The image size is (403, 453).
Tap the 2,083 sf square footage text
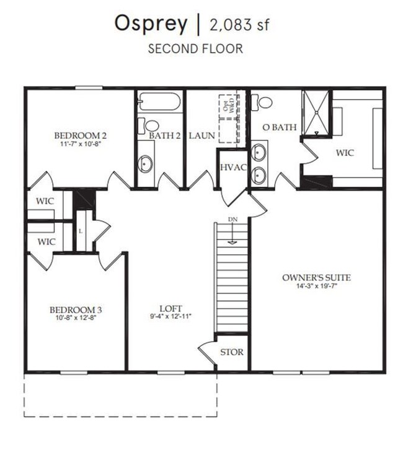(241, 25)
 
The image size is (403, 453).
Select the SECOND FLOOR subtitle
(195, 49)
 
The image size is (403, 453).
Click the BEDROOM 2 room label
(81, 136)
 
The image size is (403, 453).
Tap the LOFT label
(170, 309)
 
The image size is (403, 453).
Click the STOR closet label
(232, 353)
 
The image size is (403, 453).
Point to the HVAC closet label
(232, 168)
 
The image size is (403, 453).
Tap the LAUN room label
(201, 136)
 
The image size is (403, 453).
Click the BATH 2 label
(164, 136)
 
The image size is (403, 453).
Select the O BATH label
(280, 127)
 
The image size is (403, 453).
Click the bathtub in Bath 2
(159, 101)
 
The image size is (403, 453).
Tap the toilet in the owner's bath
(265, 102)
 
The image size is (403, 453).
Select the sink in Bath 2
(146, 163)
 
